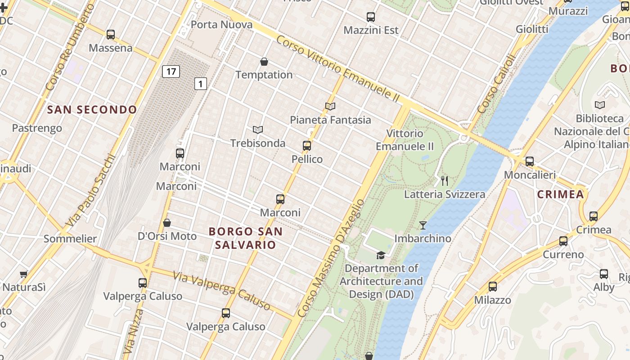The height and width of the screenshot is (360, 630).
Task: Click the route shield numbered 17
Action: tap(171, 71)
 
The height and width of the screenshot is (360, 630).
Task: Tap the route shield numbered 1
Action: tap(201, 83)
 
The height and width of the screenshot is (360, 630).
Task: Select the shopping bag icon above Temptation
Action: tap(264, 61)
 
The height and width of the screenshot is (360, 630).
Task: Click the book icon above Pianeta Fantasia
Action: tap(330, 106)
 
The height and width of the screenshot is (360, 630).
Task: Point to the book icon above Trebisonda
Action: tap(257, 130)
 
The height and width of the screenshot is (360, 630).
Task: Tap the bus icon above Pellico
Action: tap(307, 145)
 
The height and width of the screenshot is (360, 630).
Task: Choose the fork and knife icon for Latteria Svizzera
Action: tap(445, 180)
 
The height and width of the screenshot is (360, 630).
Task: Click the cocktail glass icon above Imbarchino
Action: tap(423, 225)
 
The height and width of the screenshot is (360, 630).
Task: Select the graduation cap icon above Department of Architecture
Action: tap(381, 255)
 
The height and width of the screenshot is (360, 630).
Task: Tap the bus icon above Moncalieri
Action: tap(530, 161)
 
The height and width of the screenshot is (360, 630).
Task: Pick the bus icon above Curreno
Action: tap(563, 241)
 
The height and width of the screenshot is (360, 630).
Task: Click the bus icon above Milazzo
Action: tap(493, 286)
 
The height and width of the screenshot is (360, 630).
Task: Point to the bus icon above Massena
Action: tap(111, 34)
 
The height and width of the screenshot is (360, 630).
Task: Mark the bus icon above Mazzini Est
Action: tap(371, 17)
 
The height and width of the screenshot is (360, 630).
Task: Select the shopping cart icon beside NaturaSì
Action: tap(23, 274)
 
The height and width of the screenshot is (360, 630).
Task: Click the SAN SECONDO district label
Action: tap(92, 109)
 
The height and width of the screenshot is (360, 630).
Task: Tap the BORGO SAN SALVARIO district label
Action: tap(246, 238)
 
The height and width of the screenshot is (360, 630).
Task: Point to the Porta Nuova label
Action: tap(222, 24)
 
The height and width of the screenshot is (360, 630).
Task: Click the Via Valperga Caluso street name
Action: tap(222, 291)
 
